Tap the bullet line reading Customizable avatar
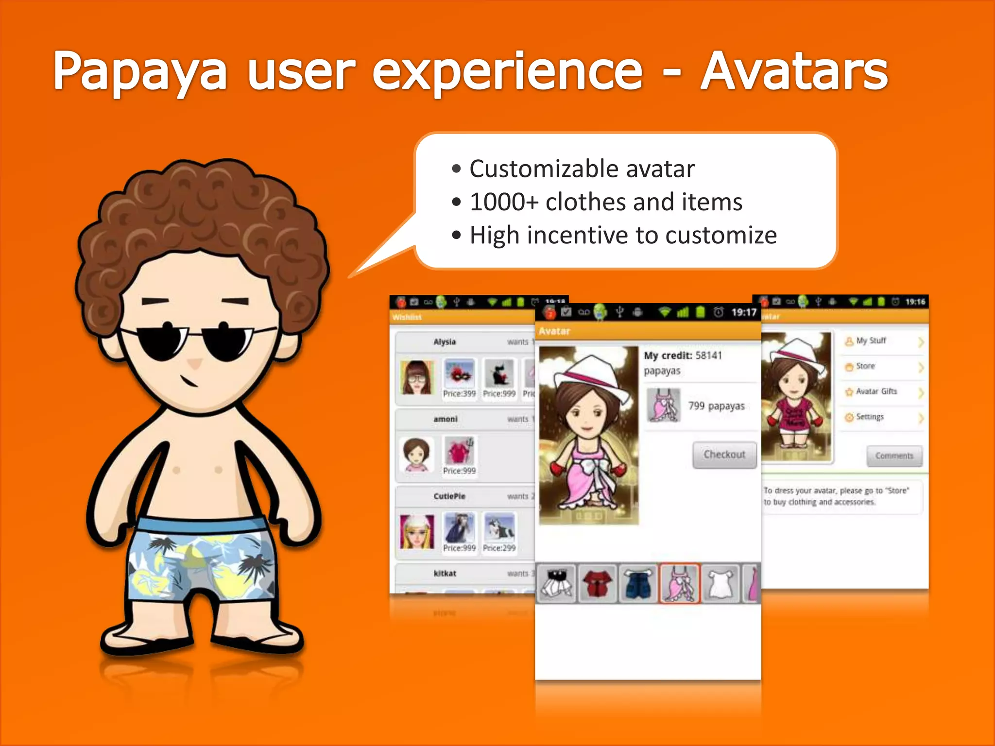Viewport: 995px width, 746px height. (x=582, y=169)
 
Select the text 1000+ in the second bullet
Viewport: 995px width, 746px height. (x=503, y=202)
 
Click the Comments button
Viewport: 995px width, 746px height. (x=894, y=456)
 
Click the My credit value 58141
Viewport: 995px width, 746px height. (x=708, y=356)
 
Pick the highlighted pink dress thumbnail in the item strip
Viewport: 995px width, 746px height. (x=679, y=583)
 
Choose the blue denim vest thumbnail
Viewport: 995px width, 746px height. (x=637, y=583)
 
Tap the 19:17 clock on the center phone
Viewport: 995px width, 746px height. (x=744, y=312)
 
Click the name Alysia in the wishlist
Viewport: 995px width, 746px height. (x=445, y=342)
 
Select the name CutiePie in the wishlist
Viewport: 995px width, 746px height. (x=449, y=496)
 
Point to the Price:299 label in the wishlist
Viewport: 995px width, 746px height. (x=499, y=548)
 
